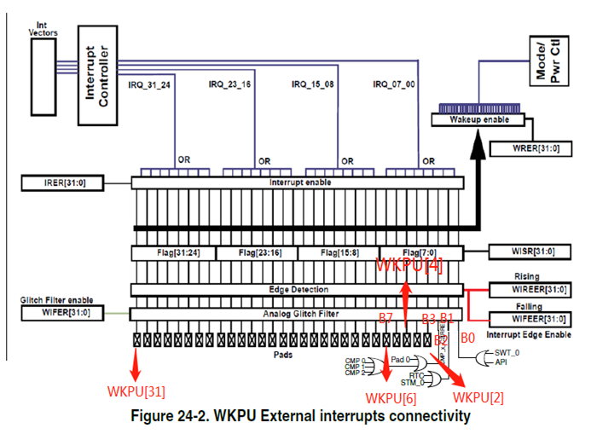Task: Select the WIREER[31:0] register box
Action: pyautogui.click(x=530, y=290)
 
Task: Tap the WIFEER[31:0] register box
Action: pyautogui.click(x=530, y=319)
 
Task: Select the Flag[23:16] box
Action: pyautogui.click(x=255, y=253)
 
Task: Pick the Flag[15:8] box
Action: pyautogui.click(x=339, y=253)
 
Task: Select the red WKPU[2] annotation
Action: pyautogui.click(x=478, y=396)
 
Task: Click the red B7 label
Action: pyautogui.click(x=385, y=318)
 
